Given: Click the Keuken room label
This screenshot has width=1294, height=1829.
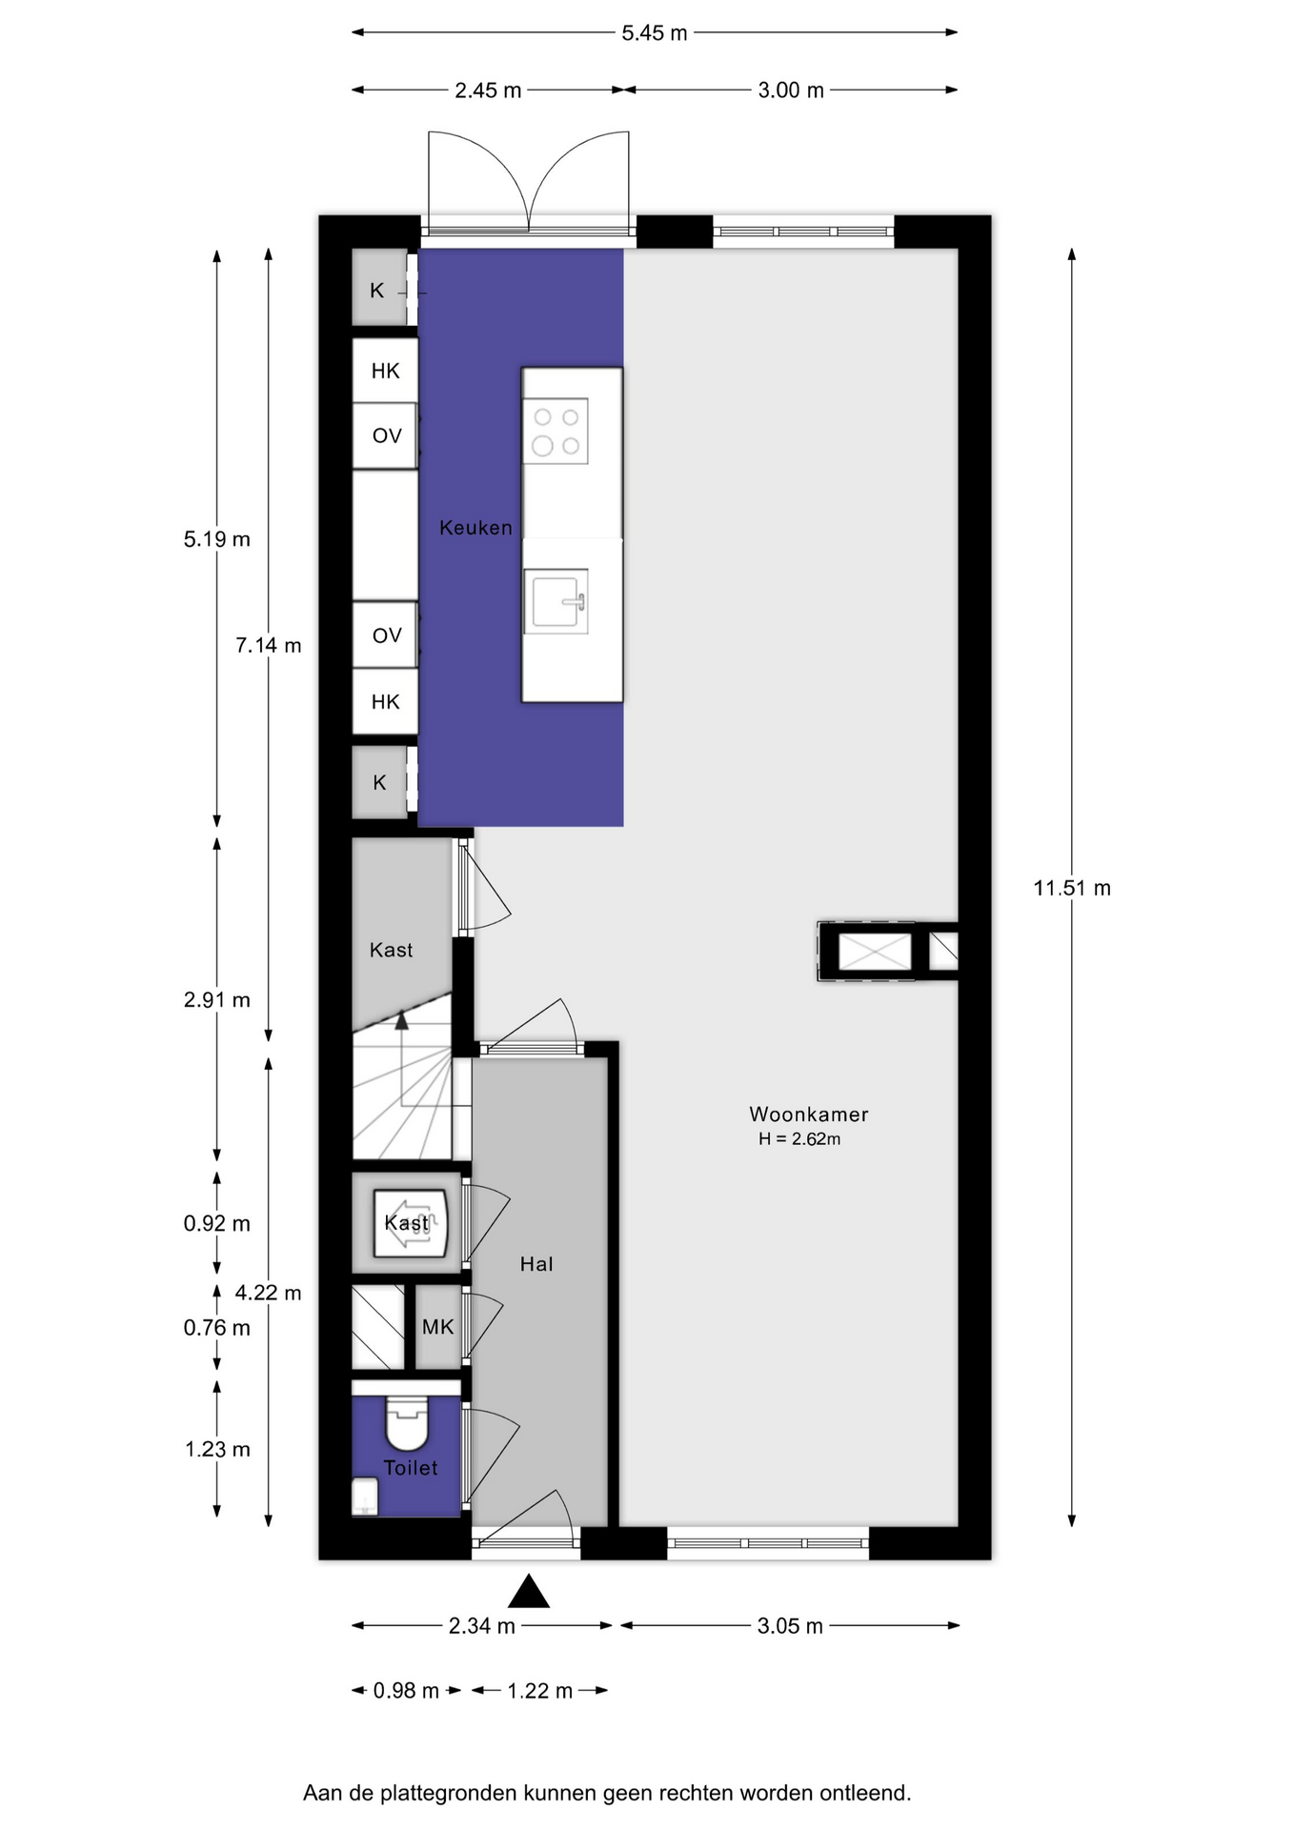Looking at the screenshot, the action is pyautogui.click(x=475, y=528).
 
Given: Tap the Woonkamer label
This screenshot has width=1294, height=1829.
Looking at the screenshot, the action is pyautogui.click(x=809, y=1114).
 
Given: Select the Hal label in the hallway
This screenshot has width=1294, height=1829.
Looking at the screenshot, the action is pyautogui.click(x=536, y=1264).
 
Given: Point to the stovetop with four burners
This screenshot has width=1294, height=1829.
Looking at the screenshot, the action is pyautogui.click(x=556, y=431).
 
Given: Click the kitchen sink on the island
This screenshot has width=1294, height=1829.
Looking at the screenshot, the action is pyautogui.click(x=556, y=601).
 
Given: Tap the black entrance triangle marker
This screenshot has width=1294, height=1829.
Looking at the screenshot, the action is pyautogui.click(x=529, y=1591).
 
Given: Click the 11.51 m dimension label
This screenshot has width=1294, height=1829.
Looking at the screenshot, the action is pyautogui.click(x=1072, y=888).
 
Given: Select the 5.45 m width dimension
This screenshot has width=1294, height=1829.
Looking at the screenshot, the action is pyautogui.click(x=655, y=33).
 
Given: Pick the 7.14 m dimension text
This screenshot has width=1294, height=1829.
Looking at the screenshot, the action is pyautogui.click(x=269, y=645).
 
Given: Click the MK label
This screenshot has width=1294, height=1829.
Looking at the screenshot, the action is pyautogui.click(x=438, y=1327).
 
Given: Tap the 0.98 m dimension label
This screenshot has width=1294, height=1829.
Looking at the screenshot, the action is pyautogui.click(x=406, y=1691).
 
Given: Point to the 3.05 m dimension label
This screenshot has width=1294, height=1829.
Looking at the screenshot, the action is pyautogui.click(x=790, y=1626).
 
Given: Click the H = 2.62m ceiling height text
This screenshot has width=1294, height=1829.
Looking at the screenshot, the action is pyautogui.click(x=799, y=1139).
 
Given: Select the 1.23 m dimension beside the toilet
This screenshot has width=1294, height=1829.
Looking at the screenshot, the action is pyautogui.click(x=217, y=1449).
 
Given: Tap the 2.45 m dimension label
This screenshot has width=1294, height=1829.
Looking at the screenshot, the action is pyautogui.click(x=488, y=90).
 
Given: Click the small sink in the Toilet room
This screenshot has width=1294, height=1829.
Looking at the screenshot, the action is pyautogui.click(x=366, y=1496).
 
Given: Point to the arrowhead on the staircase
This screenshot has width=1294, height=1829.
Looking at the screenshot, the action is pyautogui.click(x=401, y=1019).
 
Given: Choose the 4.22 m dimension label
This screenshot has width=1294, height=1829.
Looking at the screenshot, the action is pyautogui.click(x=269, y=1293).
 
